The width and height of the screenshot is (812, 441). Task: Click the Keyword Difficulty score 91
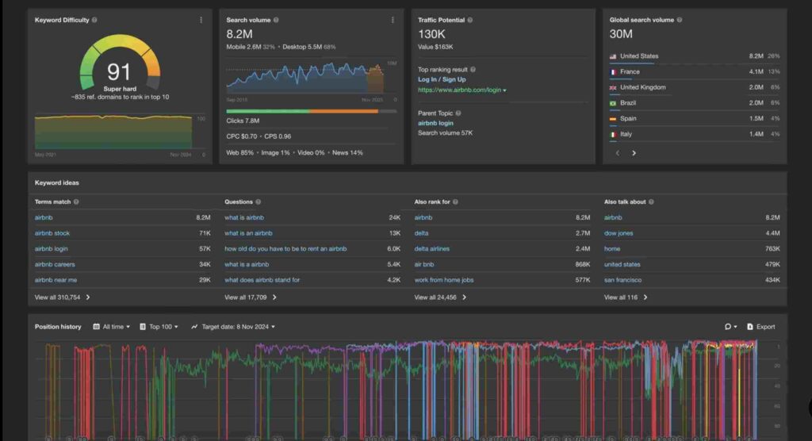(119, 71)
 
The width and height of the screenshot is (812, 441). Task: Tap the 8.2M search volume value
(239, 34)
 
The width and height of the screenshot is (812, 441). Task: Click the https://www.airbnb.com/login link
(460, 90)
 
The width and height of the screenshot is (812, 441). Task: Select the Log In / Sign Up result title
(442, 79)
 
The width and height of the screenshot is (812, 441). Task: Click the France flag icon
(613, 71)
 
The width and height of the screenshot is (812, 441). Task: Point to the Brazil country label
(629, 103)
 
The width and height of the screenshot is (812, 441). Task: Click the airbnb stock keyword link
(52, 233)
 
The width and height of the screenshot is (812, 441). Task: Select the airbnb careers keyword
(55, 264)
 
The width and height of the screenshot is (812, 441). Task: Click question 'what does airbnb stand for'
(262, 280)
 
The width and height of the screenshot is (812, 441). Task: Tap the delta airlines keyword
(431, 249)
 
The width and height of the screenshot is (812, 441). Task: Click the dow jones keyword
(619, 233)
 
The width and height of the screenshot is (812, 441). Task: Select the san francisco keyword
(622, 280)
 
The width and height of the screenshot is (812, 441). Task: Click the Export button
(761, 327)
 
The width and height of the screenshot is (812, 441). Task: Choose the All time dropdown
(112, 327)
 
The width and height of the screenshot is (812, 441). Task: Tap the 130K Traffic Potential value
(431, 34)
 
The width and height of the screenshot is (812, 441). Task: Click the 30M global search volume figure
(621, 34)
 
